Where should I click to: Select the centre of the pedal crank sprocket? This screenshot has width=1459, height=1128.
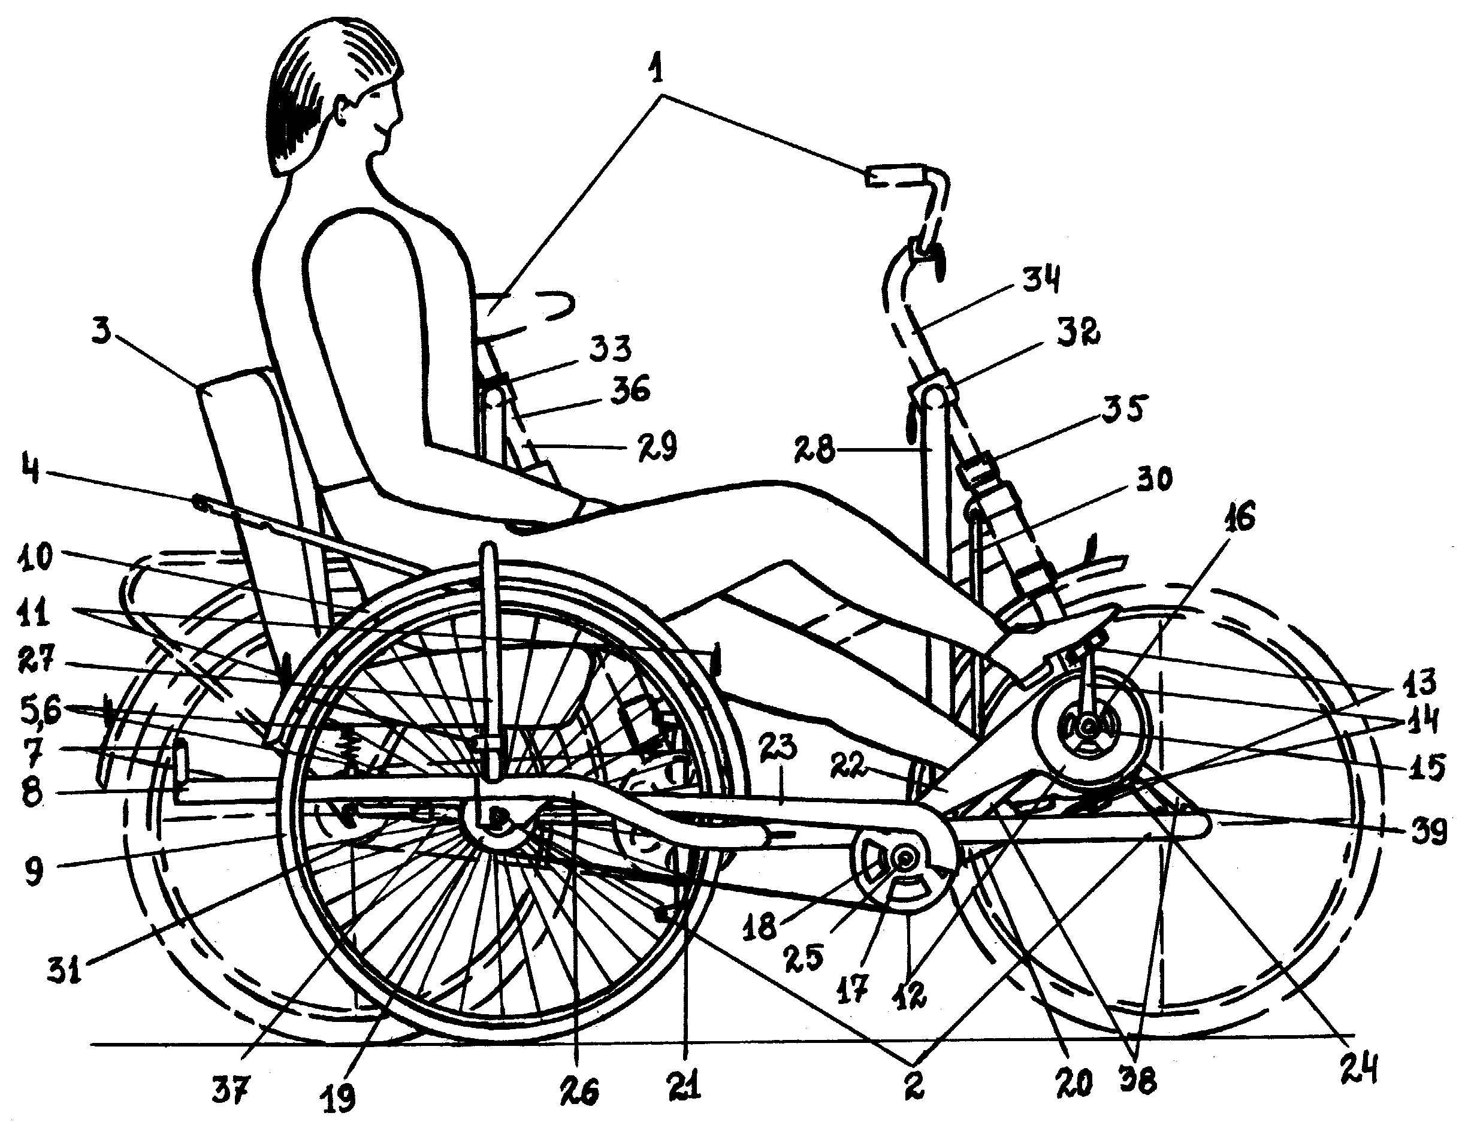coord(905,860)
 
